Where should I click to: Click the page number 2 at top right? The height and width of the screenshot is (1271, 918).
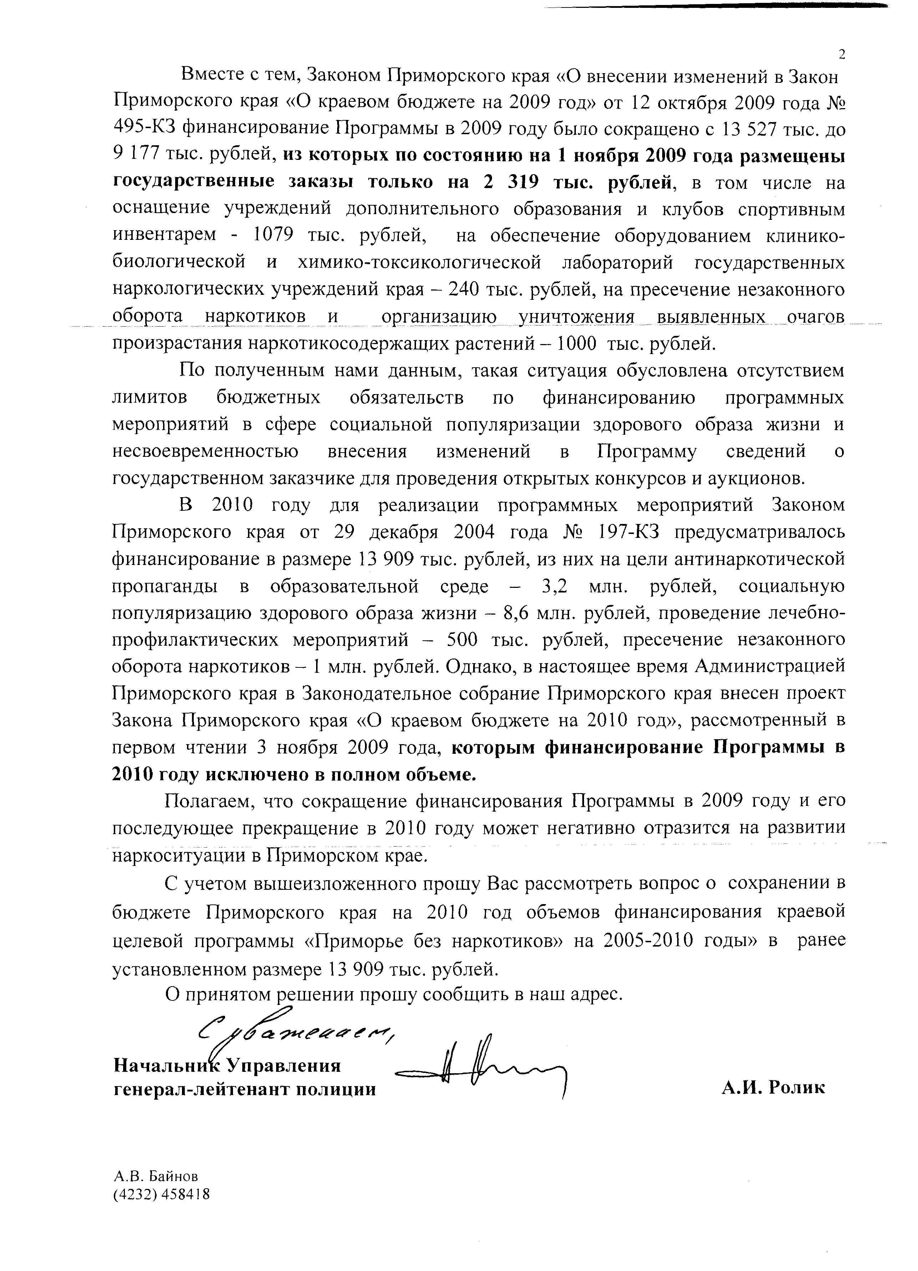click(x=841, y=54)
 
